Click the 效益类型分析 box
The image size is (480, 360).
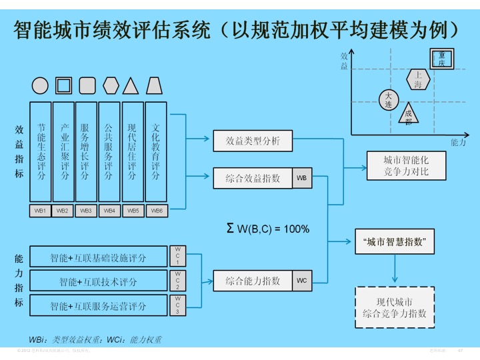(253, 141)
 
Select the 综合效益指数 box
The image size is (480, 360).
(253, 178)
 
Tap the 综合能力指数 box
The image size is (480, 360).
(253, 281)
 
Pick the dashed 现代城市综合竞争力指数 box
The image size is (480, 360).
(395, 307)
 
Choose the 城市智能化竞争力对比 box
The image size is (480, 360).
(406, 166)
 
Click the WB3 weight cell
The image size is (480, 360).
(85, 211)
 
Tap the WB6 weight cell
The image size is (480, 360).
(156, 211)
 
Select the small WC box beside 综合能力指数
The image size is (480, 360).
(302, 281)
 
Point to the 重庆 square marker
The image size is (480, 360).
(442, 59)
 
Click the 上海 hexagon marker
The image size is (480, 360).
(418, 79)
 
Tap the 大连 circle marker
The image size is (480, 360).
(388, 100)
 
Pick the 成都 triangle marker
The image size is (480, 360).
(409, 115)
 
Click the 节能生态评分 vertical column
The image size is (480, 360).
(41, 151)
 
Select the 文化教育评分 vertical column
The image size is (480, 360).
(155, 151)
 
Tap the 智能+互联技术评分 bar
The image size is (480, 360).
(98, 281)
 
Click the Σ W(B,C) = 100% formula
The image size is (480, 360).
(268, 229)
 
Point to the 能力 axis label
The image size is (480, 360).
(458, 143)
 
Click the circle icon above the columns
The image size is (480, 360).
(40, 85)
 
